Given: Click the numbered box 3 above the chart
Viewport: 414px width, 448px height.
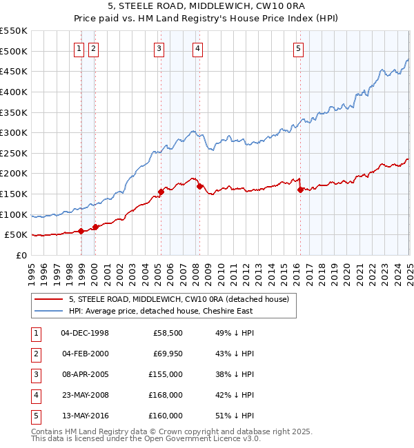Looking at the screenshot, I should (159, 48).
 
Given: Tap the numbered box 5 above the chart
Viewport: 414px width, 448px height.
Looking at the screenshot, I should (298, 48).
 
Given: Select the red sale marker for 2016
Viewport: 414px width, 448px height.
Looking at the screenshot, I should (300, 190).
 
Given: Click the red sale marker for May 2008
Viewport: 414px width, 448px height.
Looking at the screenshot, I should (199, 186).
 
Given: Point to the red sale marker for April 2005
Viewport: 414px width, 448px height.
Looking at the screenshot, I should (161, 192).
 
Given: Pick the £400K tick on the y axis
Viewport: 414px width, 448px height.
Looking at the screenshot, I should (13, 92).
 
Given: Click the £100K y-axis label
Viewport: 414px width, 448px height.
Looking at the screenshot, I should (13, 214).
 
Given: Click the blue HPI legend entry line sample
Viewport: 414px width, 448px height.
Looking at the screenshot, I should (49, 311).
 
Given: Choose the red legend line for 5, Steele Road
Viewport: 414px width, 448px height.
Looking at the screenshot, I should (49, 299).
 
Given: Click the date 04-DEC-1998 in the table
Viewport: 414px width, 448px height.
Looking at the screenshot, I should (85, 333).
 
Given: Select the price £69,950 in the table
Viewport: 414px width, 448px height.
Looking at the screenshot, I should (168, 354).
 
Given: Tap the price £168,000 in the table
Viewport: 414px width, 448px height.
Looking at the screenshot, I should (167, 395).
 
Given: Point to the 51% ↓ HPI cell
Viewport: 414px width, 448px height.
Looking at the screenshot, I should (235, 416).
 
